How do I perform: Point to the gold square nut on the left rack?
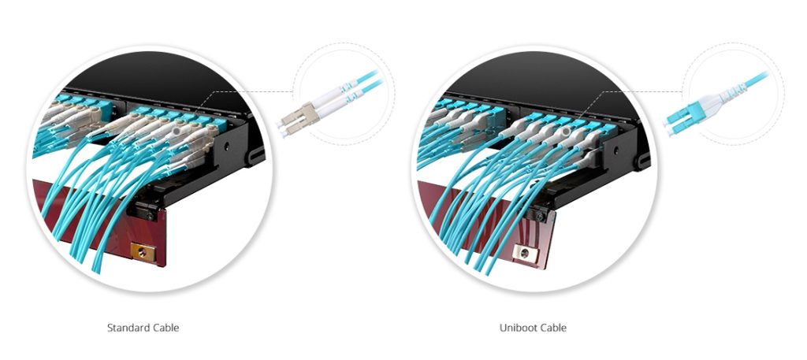pyautogui.click(x=143, y=252)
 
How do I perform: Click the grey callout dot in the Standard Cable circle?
pyautogui.click(x=177, y=132)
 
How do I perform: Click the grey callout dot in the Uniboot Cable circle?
pyautogui.click(x=567, y=132)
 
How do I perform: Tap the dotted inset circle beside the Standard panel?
pyautogui.click(x=344, y=43)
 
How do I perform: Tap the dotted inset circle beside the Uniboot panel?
pyautogui.click(x=734, y=43)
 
